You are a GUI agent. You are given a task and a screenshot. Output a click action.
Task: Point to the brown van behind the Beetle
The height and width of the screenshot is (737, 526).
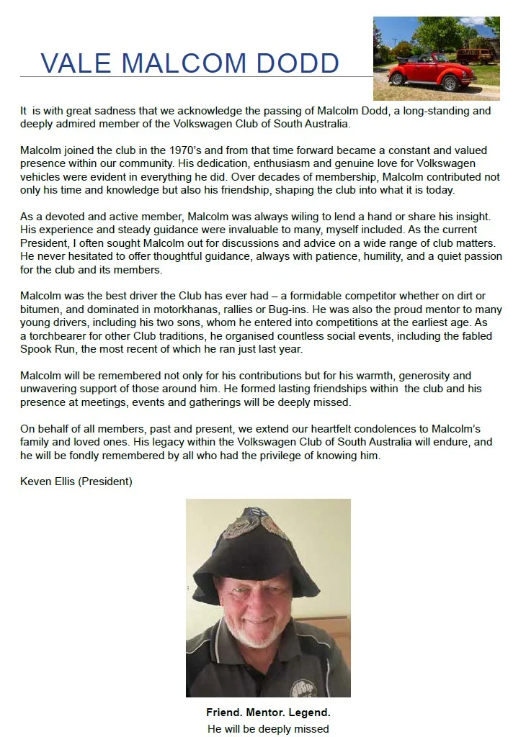[x=474, y=55]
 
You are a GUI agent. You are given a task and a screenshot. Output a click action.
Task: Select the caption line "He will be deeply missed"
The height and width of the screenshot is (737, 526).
[x=268, y=728]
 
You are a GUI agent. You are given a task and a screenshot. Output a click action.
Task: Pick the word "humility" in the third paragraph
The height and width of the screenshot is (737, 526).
[x=370, y=256]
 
